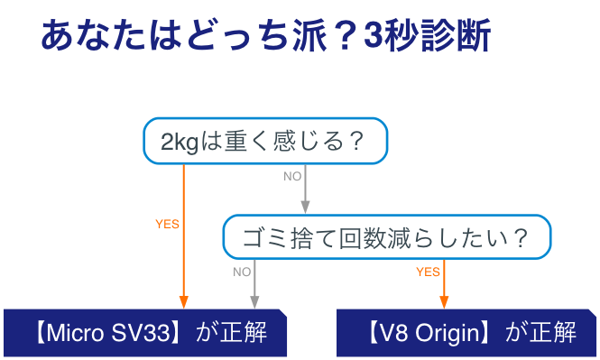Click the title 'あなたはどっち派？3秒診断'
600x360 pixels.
click(x=265, y=37)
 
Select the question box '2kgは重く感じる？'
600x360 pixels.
click(x=265, y=142)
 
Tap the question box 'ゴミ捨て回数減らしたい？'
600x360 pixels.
click(x=387, y=238)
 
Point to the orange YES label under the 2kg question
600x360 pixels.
click(x=167, y=224)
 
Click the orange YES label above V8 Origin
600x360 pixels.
click(x=428, y=271)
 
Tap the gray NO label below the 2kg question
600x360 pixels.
click(x=292, y=177)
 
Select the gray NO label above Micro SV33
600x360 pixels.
click(x=242, y=271)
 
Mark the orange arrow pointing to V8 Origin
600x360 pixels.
click(x=444, y=282)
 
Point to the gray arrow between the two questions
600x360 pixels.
click(x=306, y=189)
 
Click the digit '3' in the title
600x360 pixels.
click(x=374, y=38)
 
